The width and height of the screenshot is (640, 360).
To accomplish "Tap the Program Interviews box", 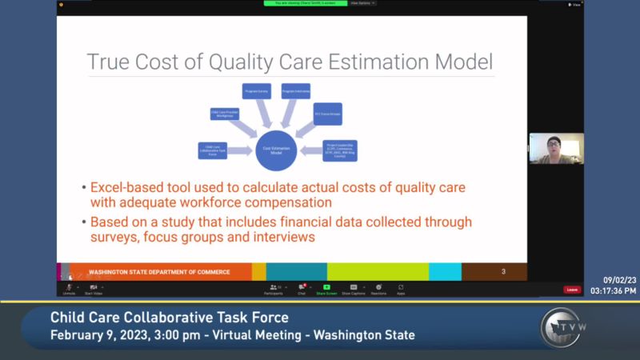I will pyautogui.click(x=295, y=90).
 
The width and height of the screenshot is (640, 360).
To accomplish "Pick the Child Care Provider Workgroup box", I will pyautogui.click(x=225, y=114).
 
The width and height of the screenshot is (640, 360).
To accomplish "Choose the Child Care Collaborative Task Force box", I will pyautogui.click(x=212, y=150).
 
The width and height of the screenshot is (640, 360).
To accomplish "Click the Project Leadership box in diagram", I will pyautogui.click(x=339, y=150).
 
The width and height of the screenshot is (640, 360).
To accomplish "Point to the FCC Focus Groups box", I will pyautogui.click(x=328, y=114).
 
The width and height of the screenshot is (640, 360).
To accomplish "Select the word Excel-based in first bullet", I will pyautogui.click(x=126, y=187).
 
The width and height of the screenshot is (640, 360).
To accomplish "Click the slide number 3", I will pyautogui.click(x=503, y=272).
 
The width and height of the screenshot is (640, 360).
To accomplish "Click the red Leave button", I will pyautogui.click(x=572, y=290).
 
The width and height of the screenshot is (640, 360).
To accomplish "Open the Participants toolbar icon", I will pyautogui.click(x=275, y=288).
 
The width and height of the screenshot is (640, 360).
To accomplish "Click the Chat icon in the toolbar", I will pyautogui.click(x=302, y=288).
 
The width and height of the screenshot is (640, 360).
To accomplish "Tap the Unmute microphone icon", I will pyautogui.click(x=69, y=288).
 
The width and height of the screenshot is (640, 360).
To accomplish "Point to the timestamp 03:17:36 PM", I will pyautogui.click(x=614, y=290).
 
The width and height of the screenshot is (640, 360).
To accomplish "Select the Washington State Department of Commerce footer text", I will pyautogui.click(x=159, y=272).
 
